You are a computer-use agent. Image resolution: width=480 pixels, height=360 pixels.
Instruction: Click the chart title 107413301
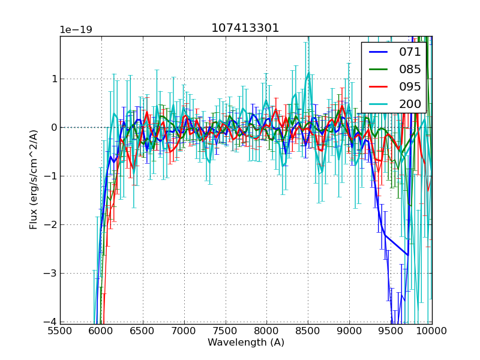coord(245,28)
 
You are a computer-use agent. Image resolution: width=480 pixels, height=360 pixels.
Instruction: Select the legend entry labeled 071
coord(410,52)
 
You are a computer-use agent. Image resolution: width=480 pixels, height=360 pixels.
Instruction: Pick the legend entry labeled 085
coord(410,70)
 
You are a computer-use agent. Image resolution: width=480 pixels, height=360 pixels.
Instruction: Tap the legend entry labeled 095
coord(410,86)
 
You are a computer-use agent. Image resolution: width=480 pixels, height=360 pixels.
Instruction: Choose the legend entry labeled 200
coord(410,104)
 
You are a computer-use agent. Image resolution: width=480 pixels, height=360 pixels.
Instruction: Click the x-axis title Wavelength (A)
coord(246,343)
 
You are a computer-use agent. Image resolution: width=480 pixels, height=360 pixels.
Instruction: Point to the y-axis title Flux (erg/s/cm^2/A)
coord(34,180)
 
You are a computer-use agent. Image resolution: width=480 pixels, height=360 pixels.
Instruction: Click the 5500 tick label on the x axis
coord(60,331)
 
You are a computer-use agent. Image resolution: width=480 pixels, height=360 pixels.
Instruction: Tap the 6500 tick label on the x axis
coord(143,331)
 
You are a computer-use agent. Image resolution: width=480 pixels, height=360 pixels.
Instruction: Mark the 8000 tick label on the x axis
coord(266,331)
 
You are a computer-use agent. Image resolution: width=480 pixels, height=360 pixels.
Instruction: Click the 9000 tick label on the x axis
coord(349,331)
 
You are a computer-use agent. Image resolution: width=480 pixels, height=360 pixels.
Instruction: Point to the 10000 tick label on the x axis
coord(431,331)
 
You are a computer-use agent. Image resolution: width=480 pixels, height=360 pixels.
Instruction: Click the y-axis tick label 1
coord(54,79)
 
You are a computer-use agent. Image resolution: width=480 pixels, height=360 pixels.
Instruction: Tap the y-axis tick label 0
coord(54,128)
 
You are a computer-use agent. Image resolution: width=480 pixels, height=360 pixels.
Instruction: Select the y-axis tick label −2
coord(52,225)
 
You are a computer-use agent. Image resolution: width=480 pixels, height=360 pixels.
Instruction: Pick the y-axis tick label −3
coord(52,274)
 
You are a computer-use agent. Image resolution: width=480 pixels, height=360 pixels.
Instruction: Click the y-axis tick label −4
coord(52,322)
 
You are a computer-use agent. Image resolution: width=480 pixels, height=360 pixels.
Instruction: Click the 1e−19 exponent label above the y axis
coord(76,30)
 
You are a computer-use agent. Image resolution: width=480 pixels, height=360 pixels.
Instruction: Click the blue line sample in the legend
coord(377,52)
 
